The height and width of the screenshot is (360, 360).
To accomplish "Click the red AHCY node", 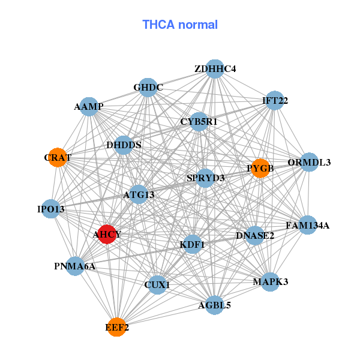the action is (x=107, y=234).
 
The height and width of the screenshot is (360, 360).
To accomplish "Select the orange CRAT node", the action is (x=58, y=157).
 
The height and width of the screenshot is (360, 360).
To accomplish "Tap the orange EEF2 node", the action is (x=117, y=327).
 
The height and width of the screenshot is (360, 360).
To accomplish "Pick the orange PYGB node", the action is (x=260, y=168).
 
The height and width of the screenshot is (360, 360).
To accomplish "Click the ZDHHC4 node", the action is (x=215, y=69).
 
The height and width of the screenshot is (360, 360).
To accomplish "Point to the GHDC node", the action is (x=148, y=88).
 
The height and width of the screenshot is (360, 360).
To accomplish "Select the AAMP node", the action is (x=89, y=107).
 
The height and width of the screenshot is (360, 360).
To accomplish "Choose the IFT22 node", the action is (x=275, y=100).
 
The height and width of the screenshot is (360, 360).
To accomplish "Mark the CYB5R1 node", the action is (x=199, y=122).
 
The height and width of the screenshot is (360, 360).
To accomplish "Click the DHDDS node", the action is (x=124, y=145).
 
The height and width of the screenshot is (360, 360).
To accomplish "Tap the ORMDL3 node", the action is (x=309, y=162).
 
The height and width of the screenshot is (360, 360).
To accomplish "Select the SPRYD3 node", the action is (x=205, y=178).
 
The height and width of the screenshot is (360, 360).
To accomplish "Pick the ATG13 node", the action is (x=139, y=194).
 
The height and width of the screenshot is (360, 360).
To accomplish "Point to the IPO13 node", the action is (x=51, y=209).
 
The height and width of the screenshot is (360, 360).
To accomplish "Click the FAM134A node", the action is (x=307, y=225).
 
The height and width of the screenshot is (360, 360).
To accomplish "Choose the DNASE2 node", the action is (x=255, y=235).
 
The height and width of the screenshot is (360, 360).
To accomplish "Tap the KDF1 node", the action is (x=193, y=244).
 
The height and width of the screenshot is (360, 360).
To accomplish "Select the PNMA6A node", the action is (x=75, y=266).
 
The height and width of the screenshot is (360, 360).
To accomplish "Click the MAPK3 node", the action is (x=271, y=282).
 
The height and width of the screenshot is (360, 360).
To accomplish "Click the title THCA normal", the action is (x=180, y=25).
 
